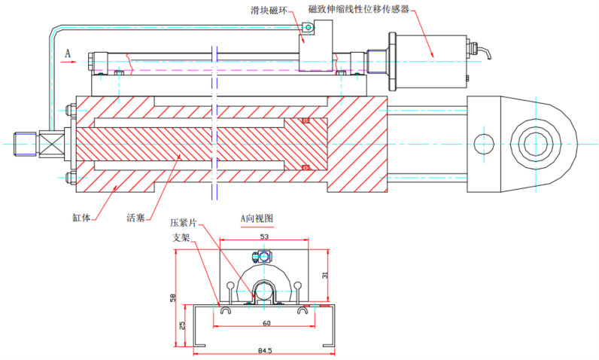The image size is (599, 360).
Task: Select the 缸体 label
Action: tap(82, 218)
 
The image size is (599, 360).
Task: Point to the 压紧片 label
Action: tap(184, 224)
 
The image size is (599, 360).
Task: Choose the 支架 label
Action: tap(181, 236)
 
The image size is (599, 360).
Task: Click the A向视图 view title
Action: tap(257, 218)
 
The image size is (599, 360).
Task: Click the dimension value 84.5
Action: tap(265, 350)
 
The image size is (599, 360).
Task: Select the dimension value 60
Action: tap(266, 322)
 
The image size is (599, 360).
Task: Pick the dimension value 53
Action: tap(264, 237)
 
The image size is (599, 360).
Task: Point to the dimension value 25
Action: tap(182, 325)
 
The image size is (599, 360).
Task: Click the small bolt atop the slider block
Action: tap(307, 29)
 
